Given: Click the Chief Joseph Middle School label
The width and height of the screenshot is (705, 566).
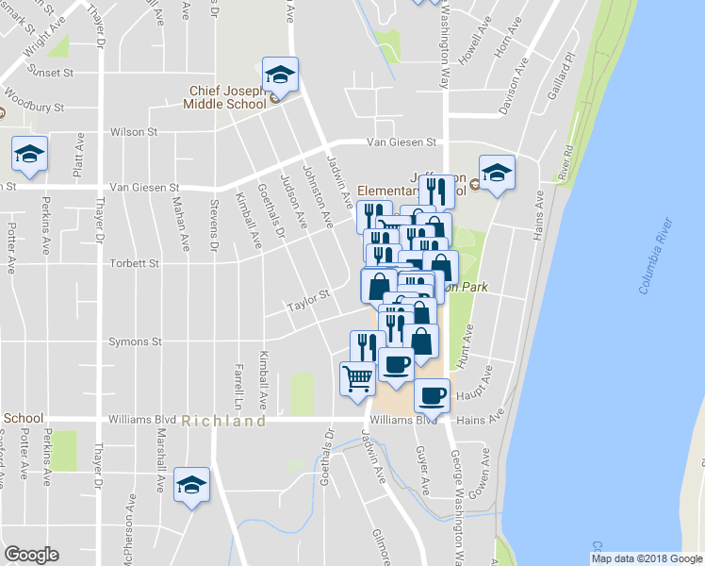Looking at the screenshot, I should pyautogui.click(x=227, y=97).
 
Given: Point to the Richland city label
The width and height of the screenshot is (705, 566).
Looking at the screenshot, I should pyautogui.click(x=224, y=422).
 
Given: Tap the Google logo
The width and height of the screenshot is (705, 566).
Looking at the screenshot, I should pyautogui.click(x=31, y=555).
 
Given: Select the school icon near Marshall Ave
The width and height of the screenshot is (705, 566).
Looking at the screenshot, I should pyautogui.click(x=192, y=486).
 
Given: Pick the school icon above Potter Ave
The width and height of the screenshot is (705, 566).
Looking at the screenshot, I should pyautogui.click(x=29, y=153).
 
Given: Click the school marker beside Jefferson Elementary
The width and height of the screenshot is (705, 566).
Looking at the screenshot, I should pyautogui.click(x=497, y=173).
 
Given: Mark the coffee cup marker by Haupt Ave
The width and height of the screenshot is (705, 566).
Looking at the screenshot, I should pyautogui.click(x=432, y=396).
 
